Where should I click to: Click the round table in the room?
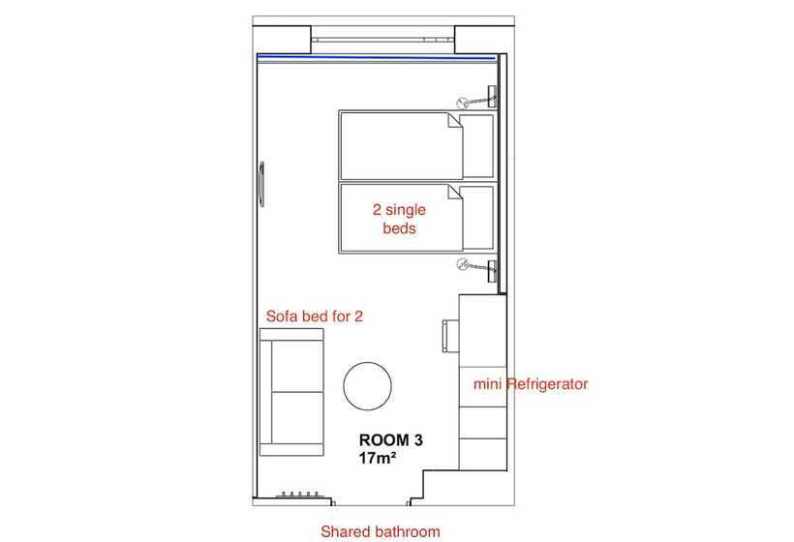pos(367,386)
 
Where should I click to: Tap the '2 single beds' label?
pos(399,219)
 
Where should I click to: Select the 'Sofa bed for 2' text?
pos(315,316)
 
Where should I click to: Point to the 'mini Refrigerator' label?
pos(531,384)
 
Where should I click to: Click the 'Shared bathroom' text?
pos(381,531)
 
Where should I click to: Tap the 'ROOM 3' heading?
pos(391,439)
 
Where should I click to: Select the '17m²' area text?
pos(378,458)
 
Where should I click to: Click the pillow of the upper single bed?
pos(478,146)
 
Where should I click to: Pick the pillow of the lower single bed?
pos(478,218)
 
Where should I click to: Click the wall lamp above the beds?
pos(478,99)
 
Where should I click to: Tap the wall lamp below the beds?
pos(478,268)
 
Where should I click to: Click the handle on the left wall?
pos(261,184)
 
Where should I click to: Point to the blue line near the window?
pos(376,57)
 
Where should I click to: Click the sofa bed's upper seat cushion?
pos(297,366)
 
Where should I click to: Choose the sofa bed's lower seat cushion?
pos(297,417)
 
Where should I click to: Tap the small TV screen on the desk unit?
pos(450,336)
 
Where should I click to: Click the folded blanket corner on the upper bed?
pos(454,120)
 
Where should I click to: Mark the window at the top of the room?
pos(382,39)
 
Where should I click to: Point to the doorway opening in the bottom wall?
pos(372,502)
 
